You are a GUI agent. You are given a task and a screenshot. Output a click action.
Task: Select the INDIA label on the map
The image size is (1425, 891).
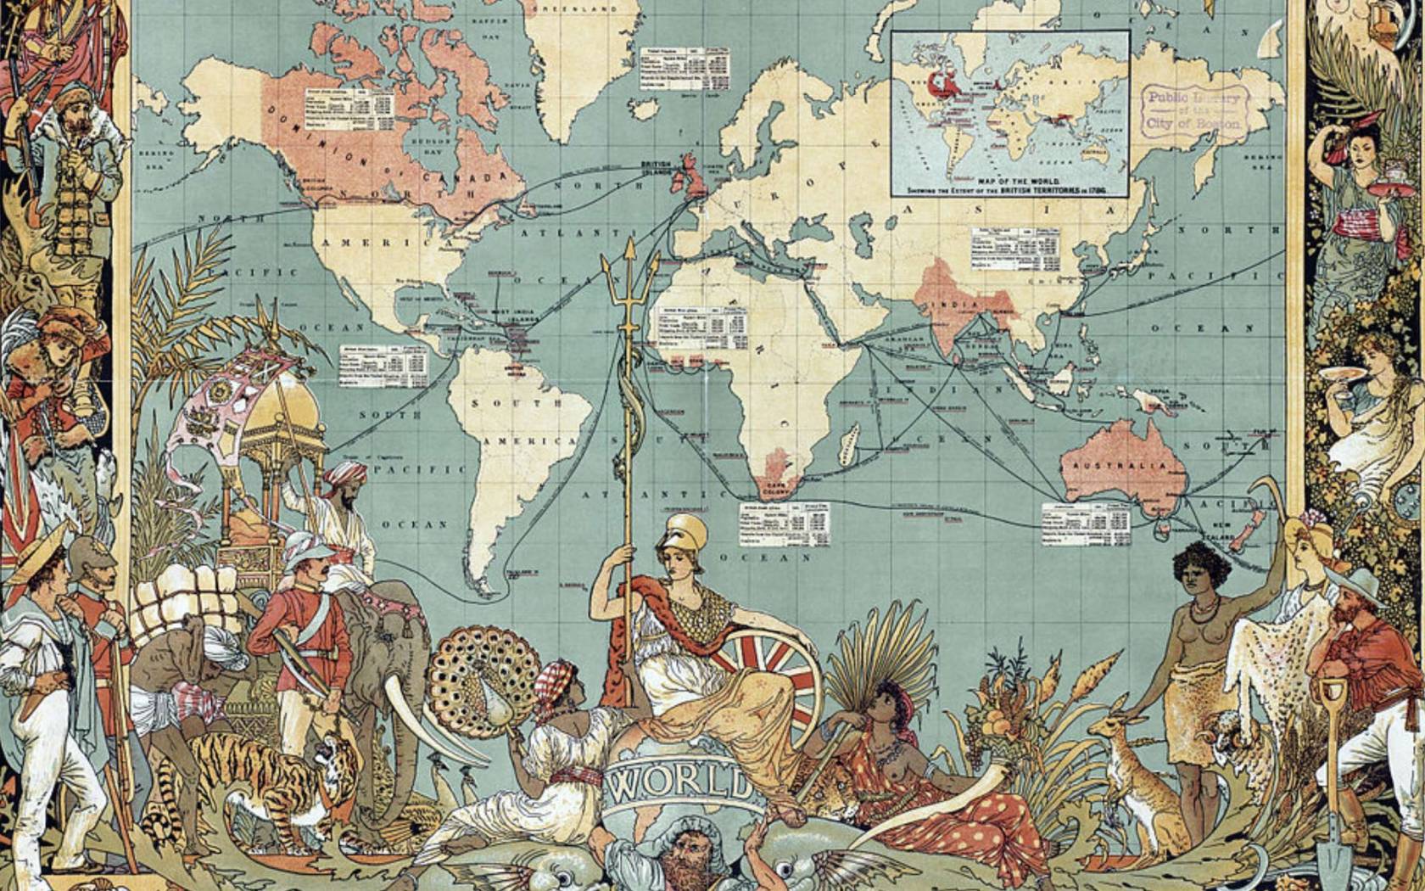(x=959, y=303)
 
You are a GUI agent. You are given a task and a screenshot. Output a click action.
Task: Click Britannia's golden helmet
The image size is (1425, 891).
(x=686, y=533)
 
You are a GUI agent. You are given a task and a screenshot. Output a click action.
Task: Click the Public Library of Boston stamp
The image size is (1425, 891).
(x=1194, y=110)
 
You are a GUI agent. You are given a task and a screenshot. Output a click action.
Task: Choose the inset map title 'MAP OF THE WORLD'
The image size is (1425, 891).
(x=1009, y=182)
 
